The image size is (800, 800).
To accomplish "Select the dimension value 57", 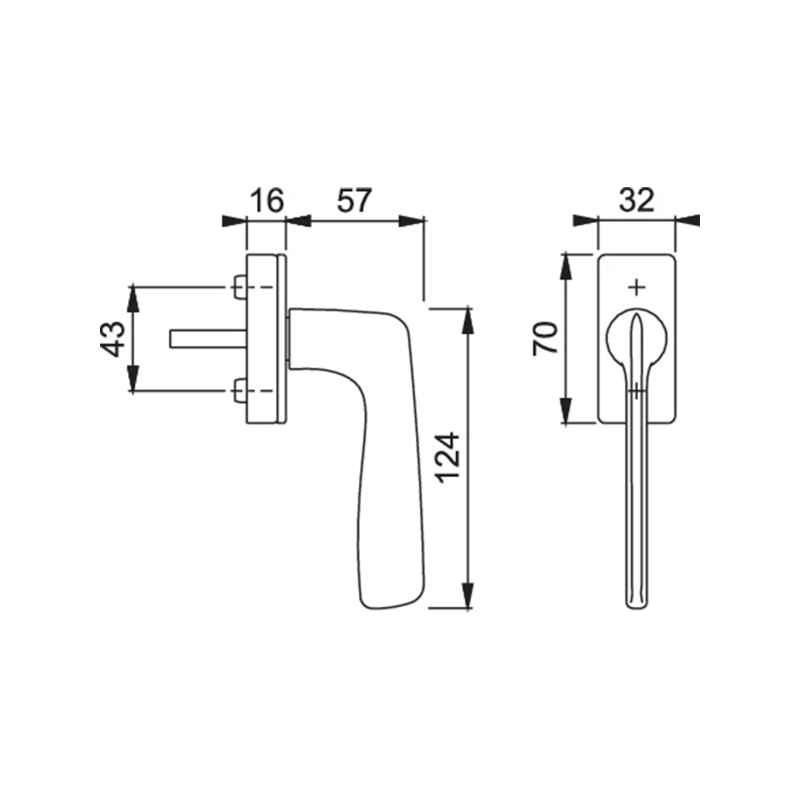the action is point(353,201).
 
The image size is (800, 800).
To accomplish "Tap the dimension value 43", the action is point(112,339).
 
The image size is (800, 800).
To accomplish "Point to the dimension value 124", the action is point(449,458).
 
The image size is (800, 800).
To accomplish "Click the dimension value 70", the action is point(545,339).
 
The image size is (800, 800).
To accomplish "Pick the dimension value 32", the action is point(637,201).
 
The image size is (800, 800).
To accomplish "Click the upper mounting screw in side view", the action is point(239,287).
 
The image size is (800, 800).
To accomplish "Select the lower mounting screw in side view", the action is point(239,390).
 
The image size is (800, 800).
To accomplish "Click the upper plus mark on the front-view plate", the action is point(637,287).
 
